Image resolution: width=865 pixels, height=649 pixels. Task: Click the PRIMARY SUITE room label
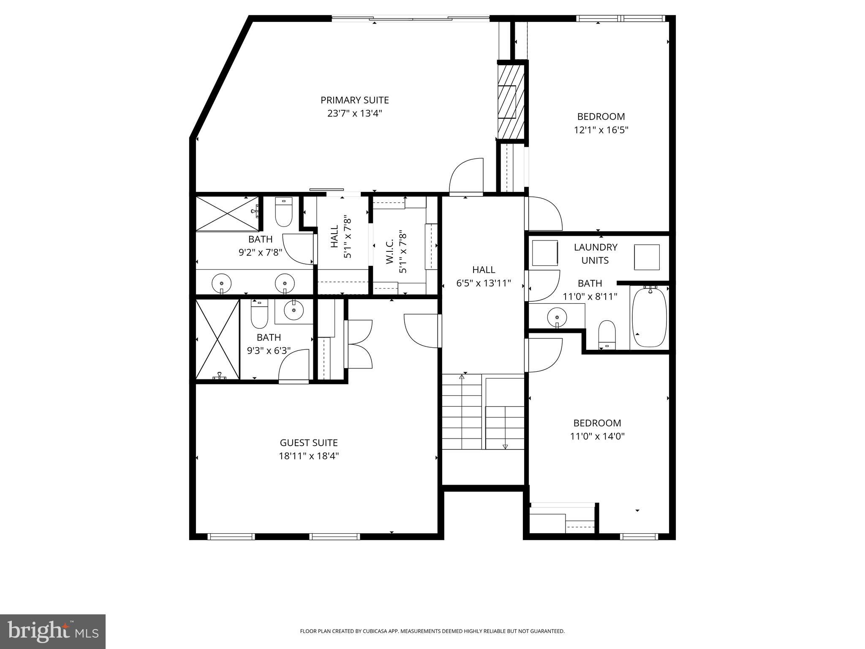354,100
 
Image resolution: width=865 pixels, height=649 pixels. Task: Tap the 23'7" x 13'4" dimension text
354,114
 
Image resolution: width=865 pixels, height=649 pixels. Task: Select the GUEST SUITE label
308,443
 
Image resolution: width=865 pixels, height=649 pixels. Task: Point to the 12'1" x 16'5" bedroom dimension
601,130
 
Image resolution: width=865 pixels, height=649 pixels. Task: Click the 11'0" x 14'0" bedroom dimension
597,436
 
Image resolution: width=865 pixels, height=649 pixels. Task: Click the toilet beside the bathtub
607,334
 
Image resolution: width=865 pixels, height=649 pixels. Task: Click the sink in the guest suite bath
294,311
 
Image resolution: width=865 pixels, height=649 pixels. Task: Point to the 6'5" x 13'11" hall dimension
484,283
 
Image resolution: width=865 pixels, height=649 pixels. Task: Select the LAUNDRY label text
596,247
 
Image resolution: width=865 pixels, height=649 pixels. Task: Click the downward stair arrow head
505,447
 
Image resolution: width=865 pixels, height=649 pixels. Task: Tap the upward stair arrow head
462,376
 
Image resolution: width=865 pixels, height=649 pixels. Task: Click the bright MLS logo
53,631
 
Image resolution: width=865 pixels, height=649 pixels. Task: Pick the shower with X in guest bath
218,339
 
